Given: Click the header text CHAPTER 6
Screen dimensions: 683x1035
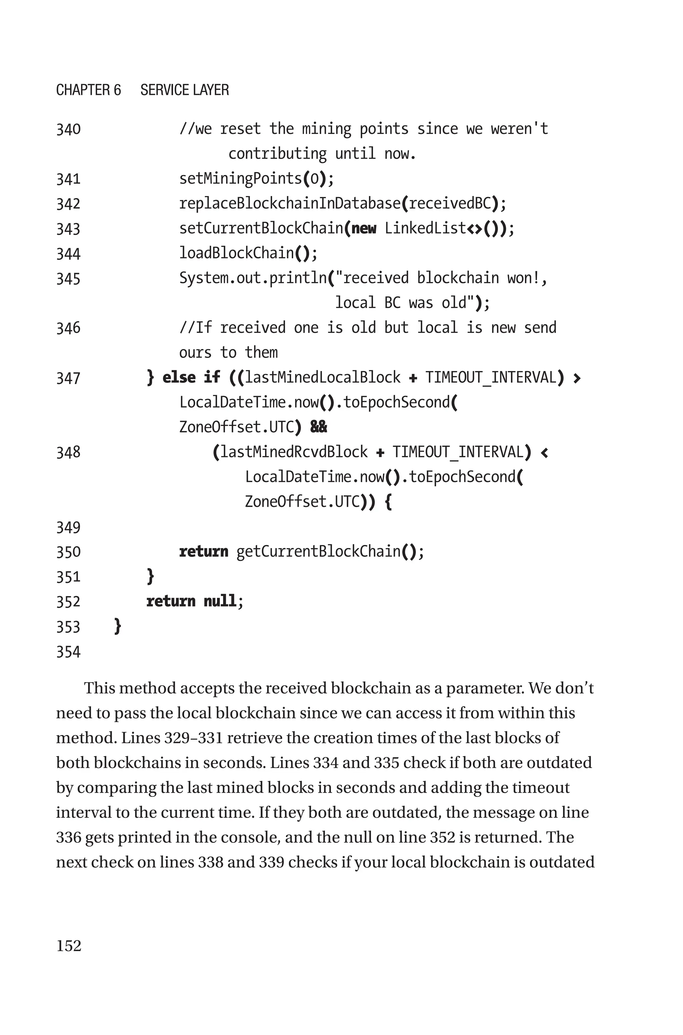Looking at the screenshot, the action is tap(88, 90).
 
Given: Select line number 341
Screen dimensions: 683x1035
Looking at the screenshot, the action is tap(68, 179).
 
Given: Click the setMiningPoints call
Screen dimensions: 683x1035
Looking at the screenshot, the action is tap(240, 178).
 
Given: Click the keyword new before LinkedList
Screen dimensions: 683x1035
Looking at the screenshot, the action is tap(364, 229).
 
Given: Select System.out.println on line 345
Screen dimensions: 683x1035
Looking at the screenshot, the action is tap(253, 278).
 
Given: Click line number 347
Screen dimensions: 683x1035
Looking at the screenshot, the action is tap(68, 378).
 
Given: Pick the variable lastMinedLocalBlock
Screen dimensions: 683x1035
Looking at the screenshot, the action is tap(322, 377).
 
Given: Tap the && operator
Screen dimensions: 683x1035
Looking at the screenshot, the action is tap(318, 427).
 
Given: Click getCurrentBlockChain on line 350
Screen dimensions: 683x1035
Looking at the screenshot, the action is tap(318, 551).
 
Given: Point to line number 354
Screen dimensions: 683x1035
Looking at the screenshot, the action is tap(68, 652).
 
